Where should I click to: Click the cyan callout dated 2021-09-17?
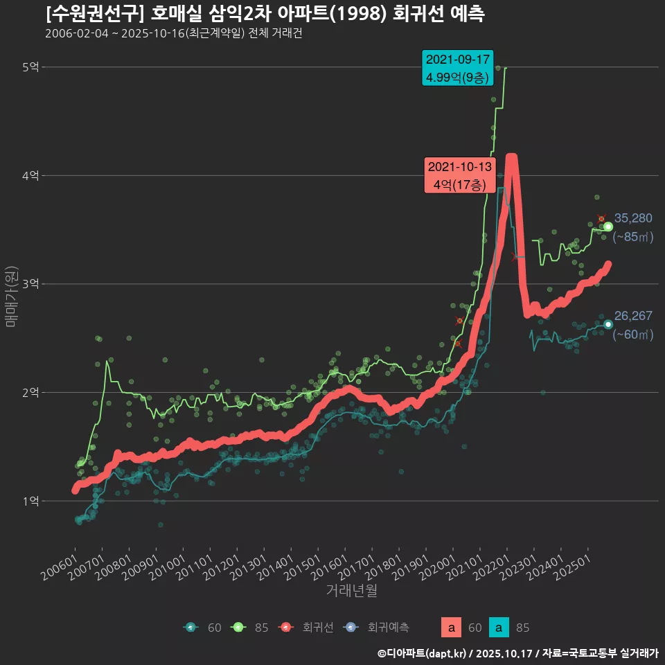(x=457, y=68)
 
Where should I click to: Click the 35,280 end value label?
(x=633, y=219)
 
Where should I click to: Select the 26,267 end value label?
(x=633, y=317)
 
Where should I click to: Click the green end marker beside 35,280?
(x=608, y=227)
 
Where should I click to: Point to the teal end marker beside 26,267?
(x=608, y=325)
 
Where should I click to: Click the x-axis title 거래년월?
(x=351, y=591)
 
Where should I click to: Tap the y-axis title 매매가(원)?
(x=10, y=296)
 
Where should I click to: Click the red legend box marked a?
(x=452, y=628)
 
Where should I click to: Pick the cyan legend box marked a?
(x=499, y=628)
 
